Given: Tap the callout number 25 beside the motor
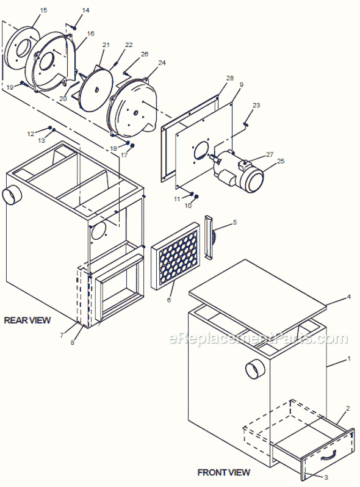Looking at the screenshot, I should point(281,161).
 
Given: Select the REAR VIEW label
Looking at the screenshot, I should point(27,320).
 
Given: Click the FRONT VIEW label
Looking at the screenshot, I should point(223,472).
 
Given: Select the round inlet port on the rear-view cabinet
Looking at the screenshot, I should point(12,196).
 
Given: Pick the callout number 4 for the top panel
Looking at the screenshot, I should point(348,297).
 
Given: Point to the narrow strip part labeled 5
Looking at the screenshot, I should point(209,236).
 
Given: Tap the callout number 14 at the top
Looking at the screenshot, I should point(85,11).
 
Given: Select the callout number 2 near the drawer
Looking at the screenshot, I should point(348,408).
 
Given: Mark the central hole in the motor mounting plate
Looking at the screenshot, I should point(200,152).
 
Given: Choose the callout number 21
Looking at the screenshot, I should point(106,45).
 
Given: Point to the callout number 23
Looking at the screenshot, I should point(256,106).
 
